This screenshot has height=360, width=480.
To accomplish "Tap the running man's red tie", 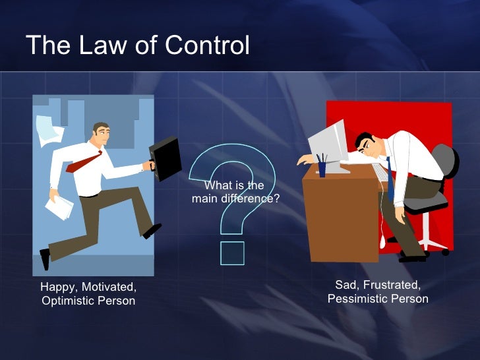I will [83, 162].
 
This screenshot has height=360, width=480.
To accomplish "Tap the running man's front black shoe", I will [152, 230].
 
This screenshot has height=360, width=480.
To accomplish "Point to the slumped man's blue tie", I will [390, 178].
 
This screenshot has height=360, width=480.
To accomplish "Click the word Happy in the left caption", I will [57, 287].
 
